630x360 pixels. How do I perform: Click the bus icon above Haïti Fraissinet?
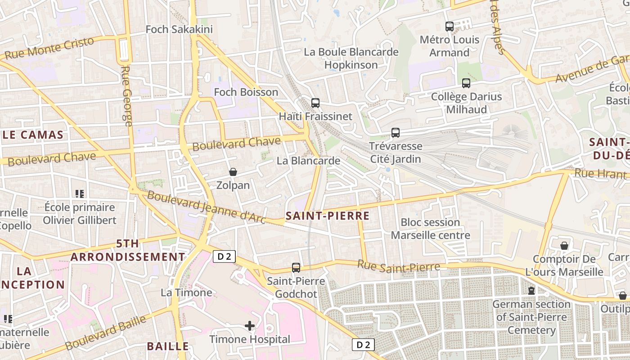(x=315, y=103)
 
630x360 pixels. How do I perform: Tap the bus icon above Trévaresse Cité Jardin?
(x=396, y=133)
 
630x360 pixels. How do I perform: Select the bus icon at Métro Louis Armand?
(x=450, y=27)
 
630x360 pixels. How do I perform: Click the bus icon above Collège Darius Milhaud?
(x=466, y=83)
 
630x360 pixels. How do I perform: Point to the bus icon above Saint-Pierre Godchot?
(x=296, y=268)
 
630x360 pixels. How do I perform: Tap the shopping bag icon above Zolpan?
(x=233, y=172)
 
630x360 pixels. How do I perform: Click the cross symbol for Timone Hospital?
(x=250, y=325)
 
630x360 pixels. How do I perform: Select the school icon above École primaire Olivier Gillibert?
(x=80, y=194)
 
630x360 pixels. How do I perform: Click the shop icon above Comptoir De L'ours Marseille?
(x=564, y=246)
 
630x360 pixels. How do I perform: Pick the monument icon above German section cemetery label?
(x=531, y=291)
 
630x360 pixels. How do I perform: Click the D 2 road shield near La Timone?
(x=224, y=256)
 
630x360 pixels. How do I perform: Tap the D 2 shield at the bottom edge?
(x=363, y=345)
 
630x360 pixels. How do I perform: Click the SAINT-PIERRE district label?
(x=328, y=216)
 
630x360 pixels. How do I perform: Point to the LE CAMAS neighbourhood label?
(x=33, y=135)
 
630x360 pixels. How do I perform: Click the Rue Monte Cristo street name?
(x=49, y=48)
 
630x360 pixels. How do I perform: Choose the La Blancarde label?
(x=308, y=161)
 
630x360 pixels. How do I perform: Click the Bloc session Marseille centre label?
(x=430, y=229)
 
